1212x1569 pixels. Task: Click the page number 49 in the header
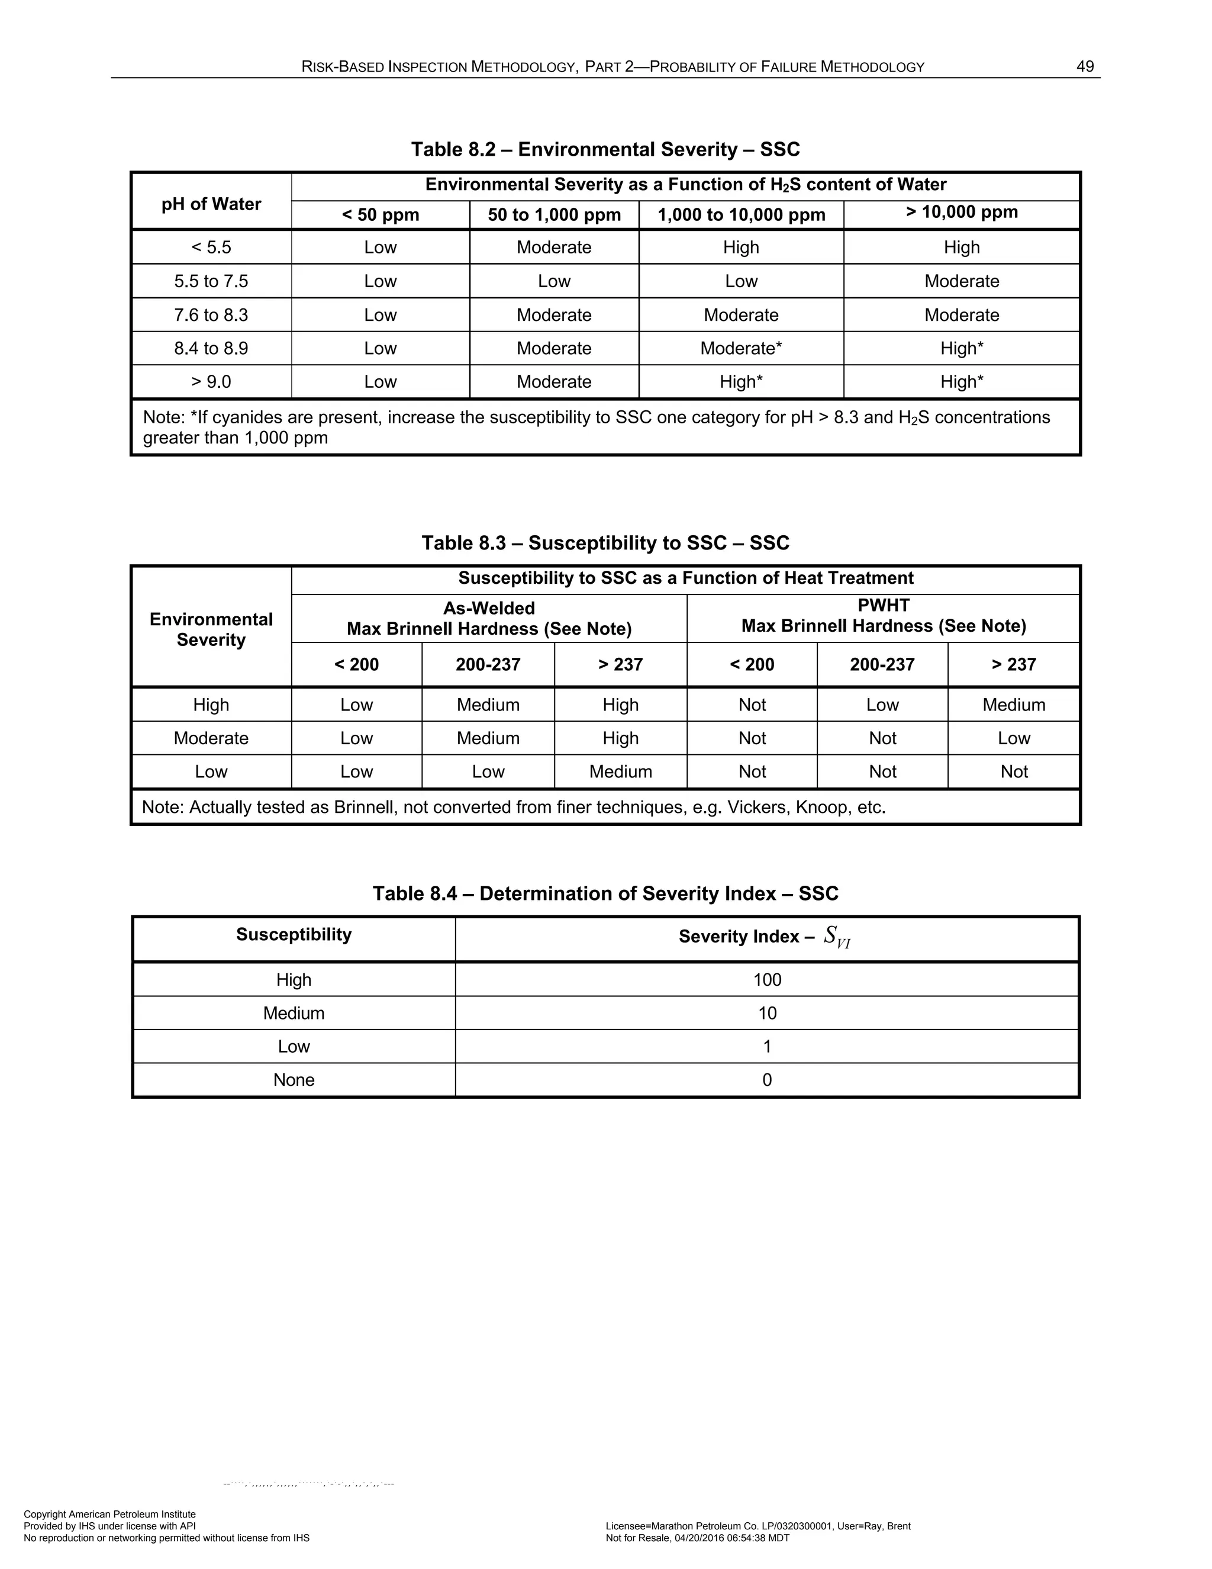pos(1085,67)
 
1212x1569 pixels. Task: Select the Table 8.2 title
pos(605,149)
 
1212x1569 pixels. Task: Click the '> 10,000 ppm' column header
pos(962,212)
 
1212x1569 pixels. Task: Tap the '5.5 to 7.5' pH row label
pos(211,281)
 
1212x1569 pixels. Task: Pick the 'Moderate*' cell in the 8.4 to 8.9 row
pos(741,348)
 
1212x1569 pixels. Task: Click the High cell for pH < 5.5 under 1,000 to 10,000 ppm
pos(741,247)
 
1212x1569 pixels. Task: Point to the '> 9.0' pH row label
pos(211,381)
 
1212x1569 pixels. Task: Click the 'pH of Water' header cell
pos(211,204)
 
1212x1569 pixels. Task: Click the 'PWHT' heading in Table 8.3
pos(883,605)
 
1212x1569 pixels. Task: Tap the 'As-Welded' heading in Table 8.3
pos(489,609)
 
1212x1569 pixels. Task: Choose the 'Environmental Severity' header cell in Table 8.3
pos(211,629)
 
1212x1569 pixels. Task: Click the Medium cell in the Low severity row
pos(620,771)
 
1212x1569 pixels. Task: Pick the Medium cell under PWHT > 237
pos(1014,705)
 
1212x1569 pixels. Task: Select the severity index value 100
pos(767,980)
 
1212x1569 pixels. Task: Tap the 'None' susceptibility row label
pos(294,1080)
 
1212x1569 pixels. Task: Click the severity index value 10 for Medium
pos(767,1013)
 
